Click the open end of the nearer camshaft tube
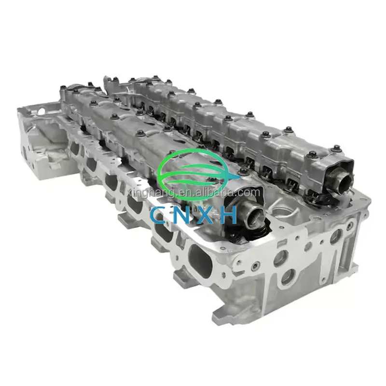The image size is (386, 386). tap(256, 212)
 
